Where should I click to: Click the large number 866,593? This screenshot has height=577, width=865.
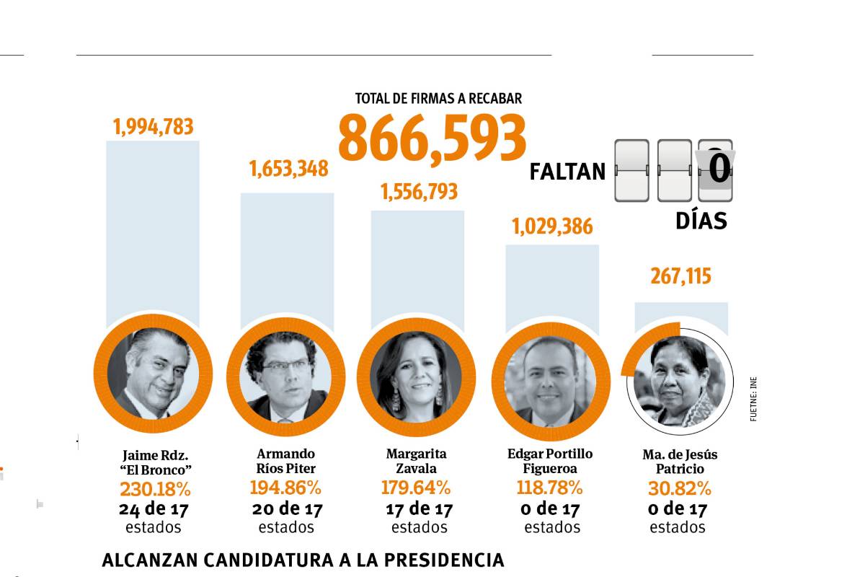[x=432, y=137]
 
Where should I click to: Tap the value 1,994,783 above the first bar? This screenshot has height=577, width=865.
[x=153, y=127]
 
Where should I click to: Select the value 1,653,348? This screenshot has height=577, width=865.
[x=288, y=169]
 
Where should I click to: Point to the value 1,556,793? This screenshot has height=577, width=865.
[x=419, y=191]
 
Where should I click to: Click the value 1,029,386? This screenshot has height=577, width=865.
[x=552, y=226]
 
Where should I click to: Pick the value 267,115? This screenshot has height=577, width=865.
[x=681, y=276]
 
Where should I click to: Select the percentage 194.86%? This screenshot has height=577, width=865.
[x=285, y=488]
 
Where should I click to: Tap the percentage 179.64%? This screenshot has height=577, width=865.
[x=416, y=488]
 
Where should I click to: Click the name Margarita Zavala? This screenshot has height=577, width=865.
[x=416, y=461]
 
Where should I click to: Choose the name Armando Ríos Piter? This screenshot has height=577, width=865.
[x=286, y=461]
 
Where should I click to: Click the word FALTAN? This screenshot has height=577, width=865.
[x=567, y=172]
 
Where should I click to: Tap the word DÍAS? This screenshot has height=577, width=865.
[x=701, y=221]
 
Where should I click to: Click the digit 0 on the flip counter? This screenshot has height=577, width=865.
[x=718, y=170]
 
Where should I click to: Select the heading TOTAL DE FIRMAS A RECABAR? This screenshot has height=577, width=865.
[x=438, y=98]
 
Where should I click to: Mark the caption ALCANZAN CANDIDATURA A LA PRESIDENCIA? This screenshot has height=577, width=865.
[x=303, y=560]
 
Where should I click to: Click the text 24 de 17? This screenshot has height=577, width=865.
[x=153, y=510]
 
